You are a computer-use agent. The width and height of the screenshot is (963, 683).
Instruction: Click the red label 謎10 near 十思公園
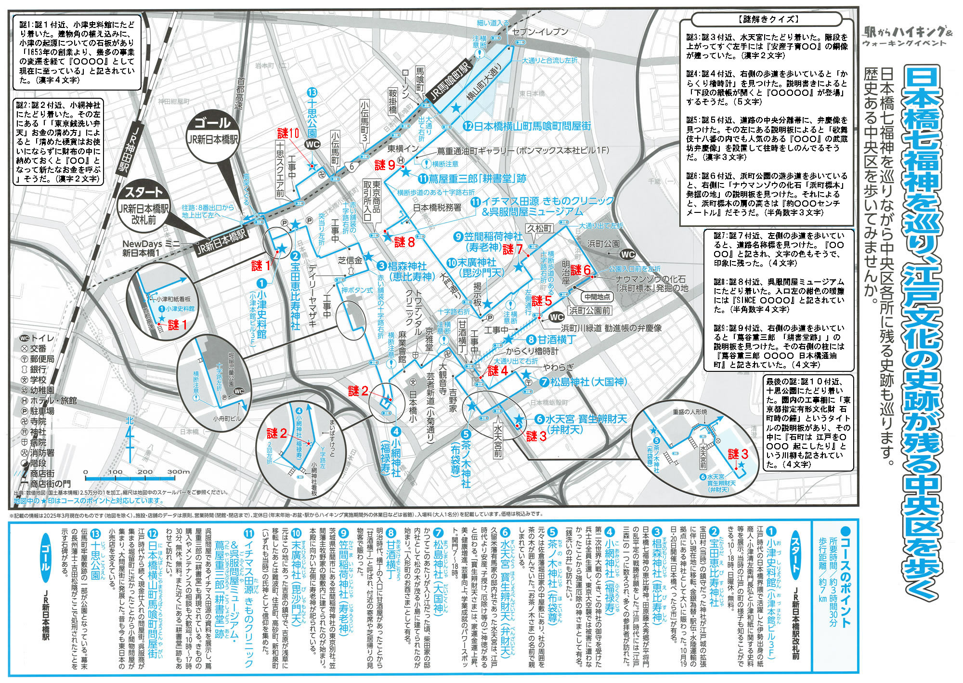click(288, 133)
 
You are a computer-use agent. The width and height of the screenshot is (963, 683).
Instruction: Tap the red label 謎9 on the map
click(385, 166)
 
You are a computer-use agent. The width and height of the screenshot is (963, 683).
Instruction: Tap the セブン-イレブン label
click(540, 32)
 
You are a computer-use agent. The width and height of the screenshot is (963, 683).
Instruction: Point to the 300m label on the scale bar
click(179, 472)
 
